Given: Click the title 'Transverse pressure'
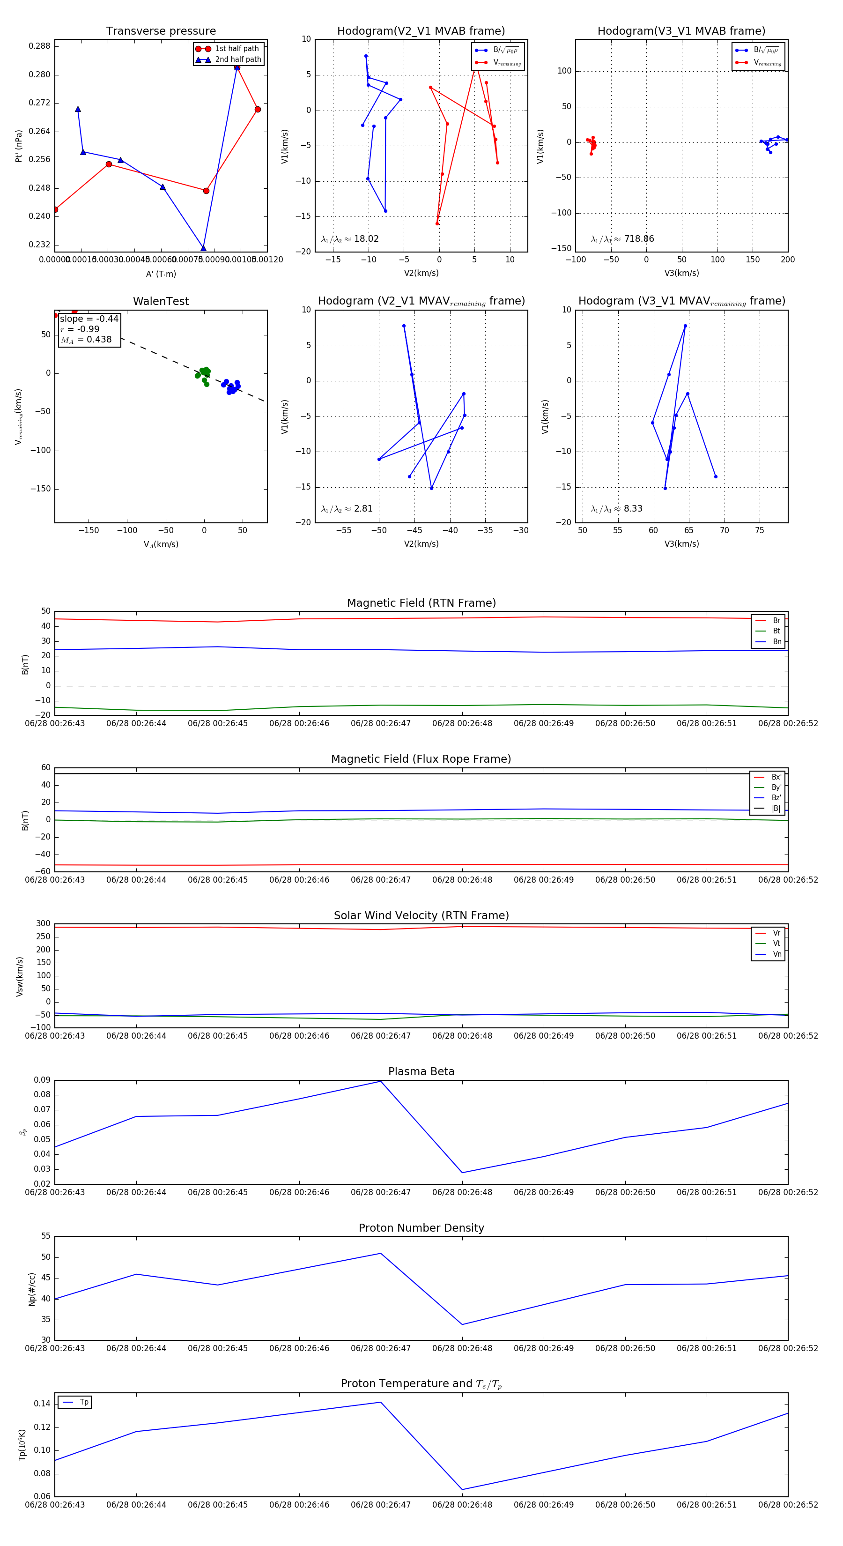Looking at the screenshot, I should click(161, 31).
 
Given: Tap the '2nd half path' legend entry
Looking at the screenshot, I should click(237, 59).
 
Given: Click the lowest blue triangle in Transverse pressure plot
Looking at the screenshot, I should click(203, 248).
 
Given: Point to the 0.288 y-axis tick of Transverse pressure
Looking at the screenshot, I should click(40, 46).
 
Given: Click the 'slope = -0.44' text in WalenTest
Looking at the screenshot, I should click(89, 319).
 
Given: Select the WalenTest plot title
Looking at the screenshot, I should click(161, 301).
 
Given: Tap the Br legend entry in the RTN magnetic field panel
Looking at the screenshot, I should click(776, 621).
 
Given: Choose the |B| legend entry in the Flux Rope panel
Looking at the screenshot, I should click(775, 809).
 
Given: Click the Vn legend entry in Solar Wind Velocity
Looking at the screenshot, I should click(776, 954).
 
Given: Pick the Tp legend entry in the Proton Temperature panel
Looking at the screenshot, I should click(83, 1402).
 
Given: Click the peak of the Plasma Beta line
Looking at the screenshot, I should click(380, 1081).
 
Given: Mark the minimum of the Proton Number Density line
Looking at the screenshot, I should click(462, 1324).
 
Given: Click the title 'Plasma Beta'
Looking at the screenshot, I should click(421, 1072).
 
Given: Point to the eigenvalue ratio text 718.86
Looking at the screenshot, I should click(638, 239).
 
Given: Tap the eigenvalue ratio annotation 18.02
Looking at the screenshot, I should click(366, 239).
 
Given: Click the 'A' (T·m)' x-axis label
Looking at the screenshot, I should click(161, 274).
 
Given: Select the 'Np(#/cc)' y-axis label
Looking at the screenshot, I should click(32, 1289).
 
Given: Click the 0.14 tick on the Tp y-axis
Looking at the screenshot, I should click(42, 1403).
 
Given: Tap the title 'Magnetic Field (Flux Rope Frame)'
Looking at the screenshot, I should click(421, 759).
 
